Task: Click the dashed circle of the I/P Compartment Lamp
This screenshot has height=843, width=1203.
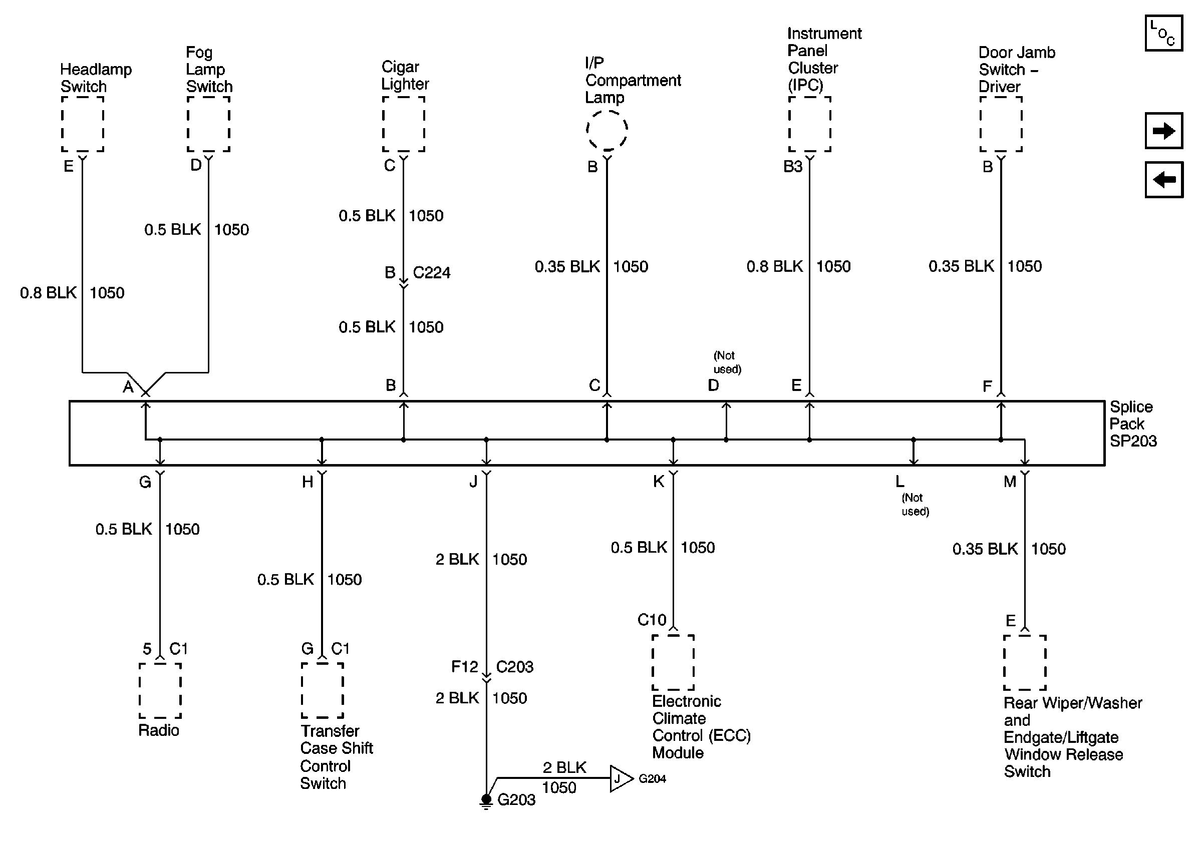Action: tap(607, 130)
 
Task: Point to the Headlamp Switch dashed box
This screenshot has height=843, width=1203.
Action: tap(82, 124)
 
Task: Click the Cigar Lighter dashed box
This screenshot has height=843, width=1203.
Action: tap(403, 124)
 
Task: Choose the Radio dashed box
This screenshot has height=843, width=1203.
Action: tap(160, 691)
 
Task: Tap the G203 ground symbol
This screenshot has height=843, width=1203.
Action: tap(486, 800)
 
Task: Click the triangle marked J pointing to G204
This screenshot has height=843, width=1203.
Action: tap(621, 778)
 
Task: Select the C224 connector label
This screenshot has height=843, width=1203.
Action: tap(431, 273)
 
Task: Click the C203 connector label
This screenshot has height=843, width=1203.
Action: tap(514, 667)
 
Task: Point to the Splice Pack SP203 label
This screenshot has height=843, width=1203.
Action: tap(1132, 424)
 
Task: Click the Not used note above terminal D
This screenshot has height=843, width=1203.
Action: tap(727, 362)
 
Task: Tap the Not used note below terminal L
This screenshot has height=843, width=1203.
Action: tap(915, 505)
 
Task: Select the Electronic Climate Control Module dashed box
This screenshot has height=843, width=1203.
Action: tap(673, 662)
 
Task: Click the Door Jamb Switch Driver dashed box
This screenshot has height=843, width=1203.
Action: tap(1001, 124)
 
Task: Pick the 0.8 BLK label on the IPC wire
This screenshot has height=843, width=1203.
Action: tap(774, 266)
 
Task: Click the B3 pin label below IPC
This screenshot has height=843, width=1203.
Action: tap(792, 167)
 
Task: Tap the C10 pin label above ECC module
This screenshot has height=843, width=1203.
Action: tap(651, 620)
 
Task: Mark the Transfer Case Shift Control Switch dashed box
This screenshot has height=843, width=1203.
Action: tap(322, 691)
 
